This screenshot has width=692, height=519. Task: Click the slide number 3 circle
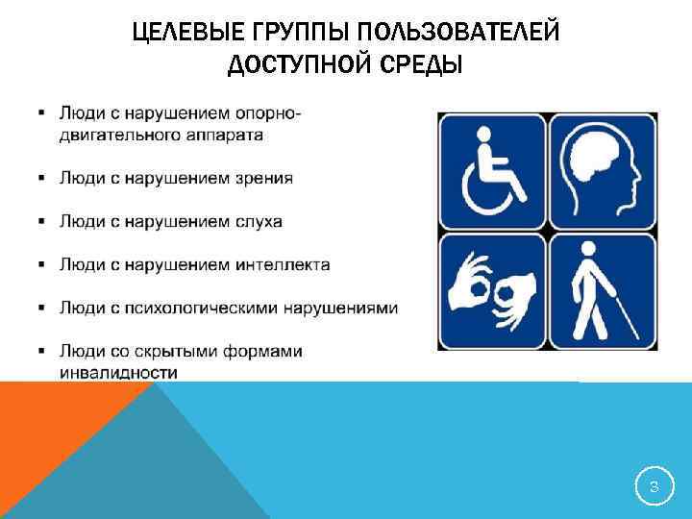pyautogui.click(x=654, y=488)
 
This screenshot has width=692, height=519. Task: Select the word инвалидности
pyautogui.click(x=118, y=372)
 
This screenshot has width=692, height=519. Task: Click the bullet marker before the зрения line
pyautogui.click(x=42, y=178)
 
